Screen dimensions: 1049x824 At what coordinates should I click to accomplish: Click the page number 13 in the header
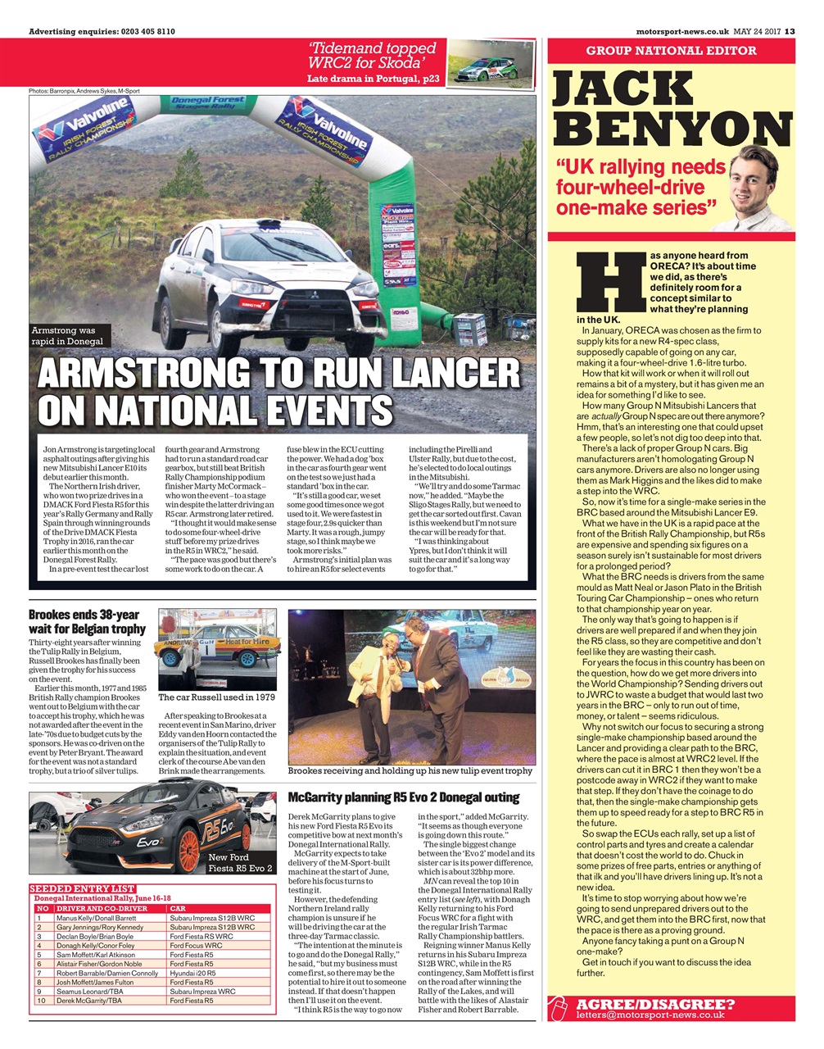point(789,32)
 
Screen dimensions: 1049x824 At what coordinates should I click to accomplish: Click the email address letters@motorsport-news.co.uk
point(650,1015)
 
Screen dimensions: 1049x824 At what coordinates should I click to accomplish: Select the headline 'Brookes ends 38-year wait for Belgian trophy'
point(84,621)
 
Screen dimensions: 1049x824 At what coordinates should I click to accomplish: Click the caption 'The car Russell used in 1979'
point(216,697)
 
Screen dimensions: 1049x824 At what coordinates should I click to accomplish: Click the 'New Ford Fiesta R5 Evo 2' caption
point(240,863)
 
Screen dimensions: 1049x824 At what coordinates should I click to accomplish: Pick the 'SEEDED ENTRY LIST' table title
point(82,888)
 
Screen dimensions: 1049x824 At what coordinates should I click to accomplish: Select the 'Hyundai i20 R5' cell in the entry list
point(192,973)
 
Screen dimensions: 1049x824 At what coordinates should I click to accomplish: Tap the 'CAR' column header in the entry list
point(178,908)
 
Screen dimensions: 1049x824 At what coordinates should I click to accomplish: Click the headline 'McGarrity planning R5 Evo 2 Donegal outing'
point(404,797)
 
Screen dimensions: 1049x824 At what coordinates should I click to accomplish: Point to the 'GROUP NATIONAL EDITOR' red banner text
point(671,51)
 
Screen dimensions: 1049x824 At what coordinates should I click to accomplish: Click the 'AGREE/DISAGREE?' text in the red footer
point(654,1004)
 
